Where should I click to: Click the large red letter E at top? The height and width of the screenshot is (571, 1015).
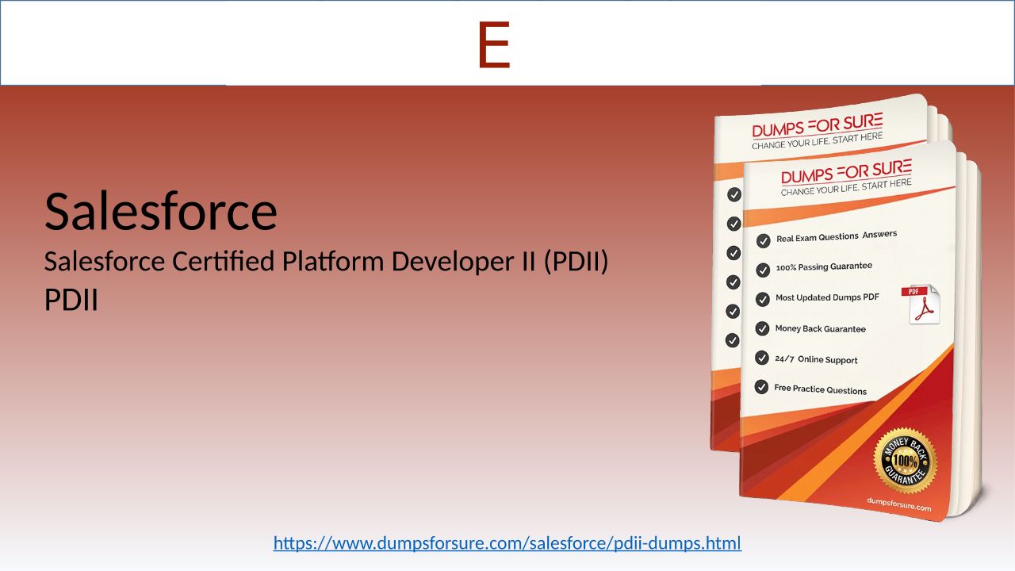coord(494,45)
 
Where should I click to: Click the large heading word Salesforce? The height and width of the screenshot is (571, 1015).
coord(161,211)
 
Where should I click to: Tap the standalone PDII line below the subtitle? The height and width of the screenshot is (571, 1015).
coord(71,300)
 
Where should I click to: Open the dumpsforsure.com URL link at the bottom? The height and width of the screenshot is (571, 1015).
coord(507,543)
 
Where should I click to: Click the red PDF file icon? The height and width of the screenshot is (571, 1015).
coord(921,304)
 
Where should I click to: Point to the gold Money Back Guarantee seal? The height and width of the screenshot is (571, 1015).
coord(906,461)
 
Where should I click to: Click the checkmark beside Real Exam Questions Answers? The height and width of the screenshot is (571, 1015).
coord(763,240)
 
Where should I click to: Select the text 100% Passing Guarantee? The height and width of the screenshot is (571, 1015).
coord(824,266)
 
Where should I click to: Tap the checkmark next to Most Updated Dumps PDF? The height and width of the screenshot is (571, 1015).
coord(763,299)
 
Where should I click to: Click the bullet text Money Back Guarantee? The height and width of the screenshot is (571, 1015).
coord(820,328)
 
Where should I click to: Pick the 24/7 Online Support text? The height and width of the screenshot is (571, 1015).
coord(816,359)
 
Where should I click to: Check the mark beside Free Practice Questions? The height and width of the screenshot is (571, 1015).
coord(761,387)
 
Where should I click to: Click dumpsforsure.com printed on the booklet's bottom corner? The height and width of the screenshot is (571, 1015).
coord(899,504)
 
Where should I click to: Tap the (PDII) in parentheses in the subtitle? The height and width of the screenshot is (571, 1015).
coord(576,262)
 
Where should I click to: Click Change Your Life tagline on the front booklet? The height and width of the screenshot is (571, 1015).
coord(846,187)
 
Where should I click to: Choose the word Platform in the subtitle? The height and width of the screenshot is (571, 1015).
coord(333,261)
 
